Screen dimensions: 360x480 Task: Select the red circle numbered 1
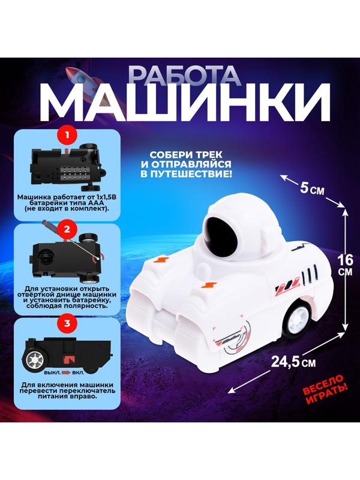[67, 135]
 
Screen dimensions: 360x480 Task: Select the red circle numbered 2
[67, 230]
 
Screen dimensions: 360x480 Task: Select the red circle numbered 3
[67, 323]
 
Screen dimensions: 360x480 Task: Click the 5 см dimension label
[311, 189]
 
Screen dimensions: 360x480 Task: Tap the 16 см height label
[345, 265]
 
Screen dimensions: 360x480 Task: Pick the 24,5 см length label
[293, 362]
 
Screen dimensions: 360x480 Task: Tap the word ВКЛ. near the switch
[78, 373]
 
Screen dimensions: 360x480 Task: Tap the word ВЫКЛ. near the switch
[52, 373]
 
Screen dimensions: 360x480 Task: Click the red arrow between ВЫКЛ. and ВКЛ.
[66, 373]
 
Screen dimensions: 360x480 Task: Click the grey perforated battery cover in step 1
[73, 173]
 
